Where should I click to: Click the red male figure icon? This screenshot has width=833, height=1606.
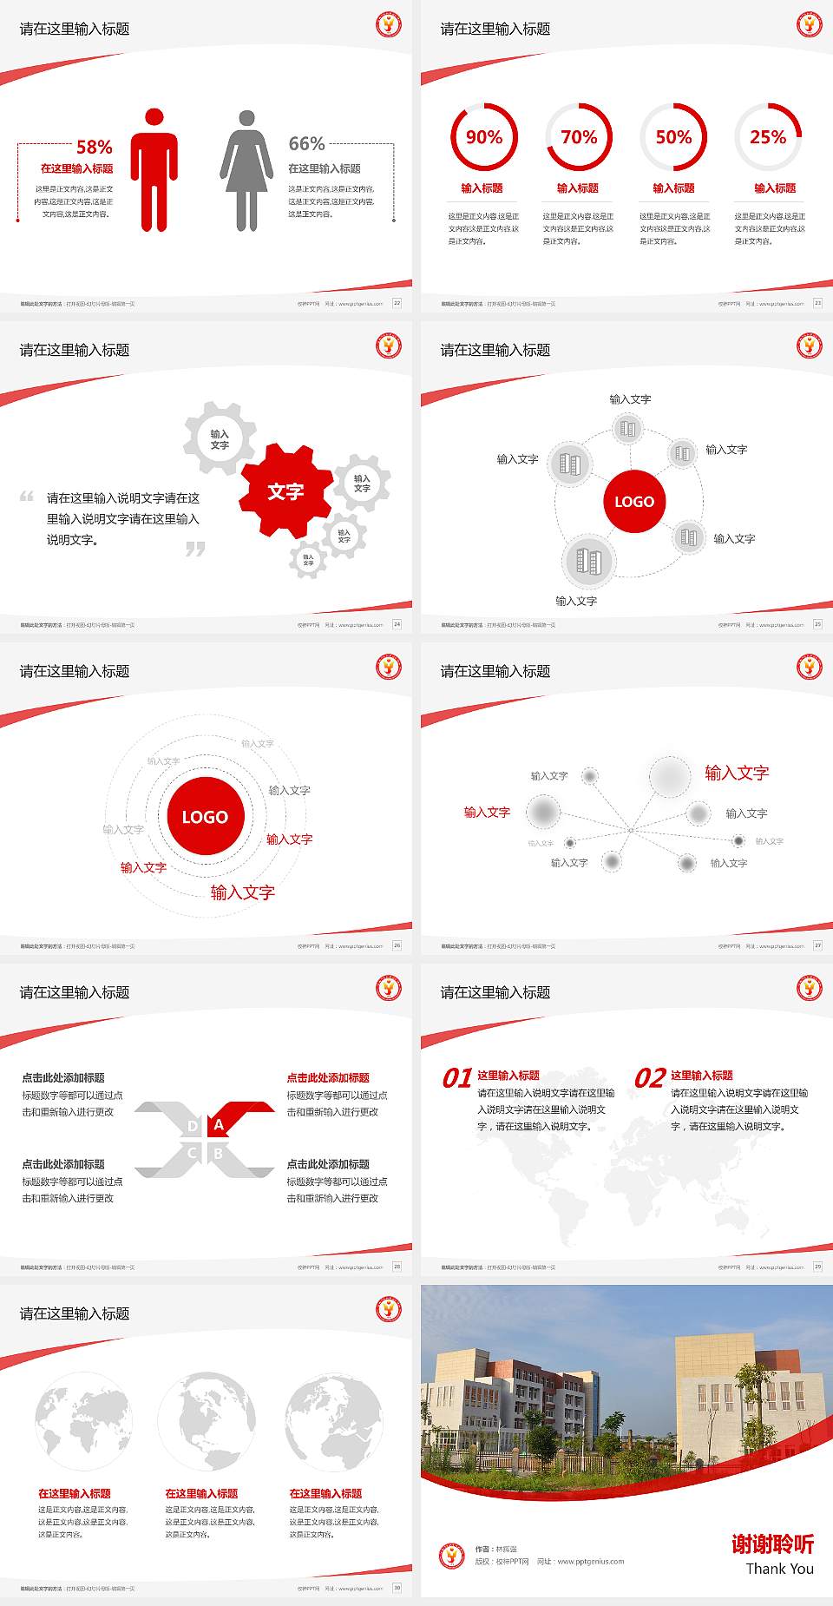click(x=154, y=170)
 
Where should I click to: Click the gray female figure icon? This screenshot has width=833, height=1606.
click(x=246, y=170)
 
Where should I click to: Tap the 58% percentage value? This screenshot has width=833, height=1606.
click(x=95, y=147)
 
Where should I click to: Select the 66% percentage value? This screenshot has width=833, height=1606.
click(x=306, y=143)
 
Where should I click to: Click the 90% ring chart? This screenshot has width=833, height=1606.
click(x=483, y=137)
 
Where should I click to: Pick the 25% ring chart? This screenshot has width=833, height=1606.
click(x=768, y=137)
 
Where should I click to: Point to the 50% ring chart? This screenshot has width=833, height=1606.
click(x=673, y=137)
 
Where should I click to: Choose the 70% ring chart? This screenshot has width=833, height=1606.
click(x=579, y=137)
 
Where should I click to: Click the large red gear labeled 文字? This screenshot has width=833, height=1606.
click(x=285, y=491)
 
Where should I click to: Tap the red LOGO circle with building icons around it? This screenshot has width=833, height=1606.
click(x=634, y=502)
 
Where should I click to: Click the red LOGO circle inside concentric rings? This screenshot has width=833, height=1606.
click(x=205, y=817)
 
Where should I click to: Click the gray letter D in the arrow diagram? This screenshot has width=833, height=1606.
click(x=192, y=1126)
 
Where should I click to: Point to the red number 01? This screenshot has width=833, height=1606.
click(x=457, y=1078)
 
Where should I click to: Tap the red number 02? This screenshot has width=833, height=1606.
click(x=650, y=1078)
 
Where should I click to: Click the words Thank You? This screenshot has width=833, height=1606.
click(x=779, y=1569)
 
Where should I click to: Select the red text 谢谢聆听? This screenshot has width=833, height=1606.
click(x=772, y=1543)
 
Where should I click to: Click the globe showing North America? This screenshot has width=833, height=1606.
click(x=207, y=1421)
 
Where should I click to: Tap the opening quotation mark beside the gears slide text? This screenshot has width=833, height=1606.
click(x=27, y=497)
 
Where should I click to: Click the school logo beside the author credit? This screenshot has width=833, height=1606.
click(x=451, y=1556)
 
